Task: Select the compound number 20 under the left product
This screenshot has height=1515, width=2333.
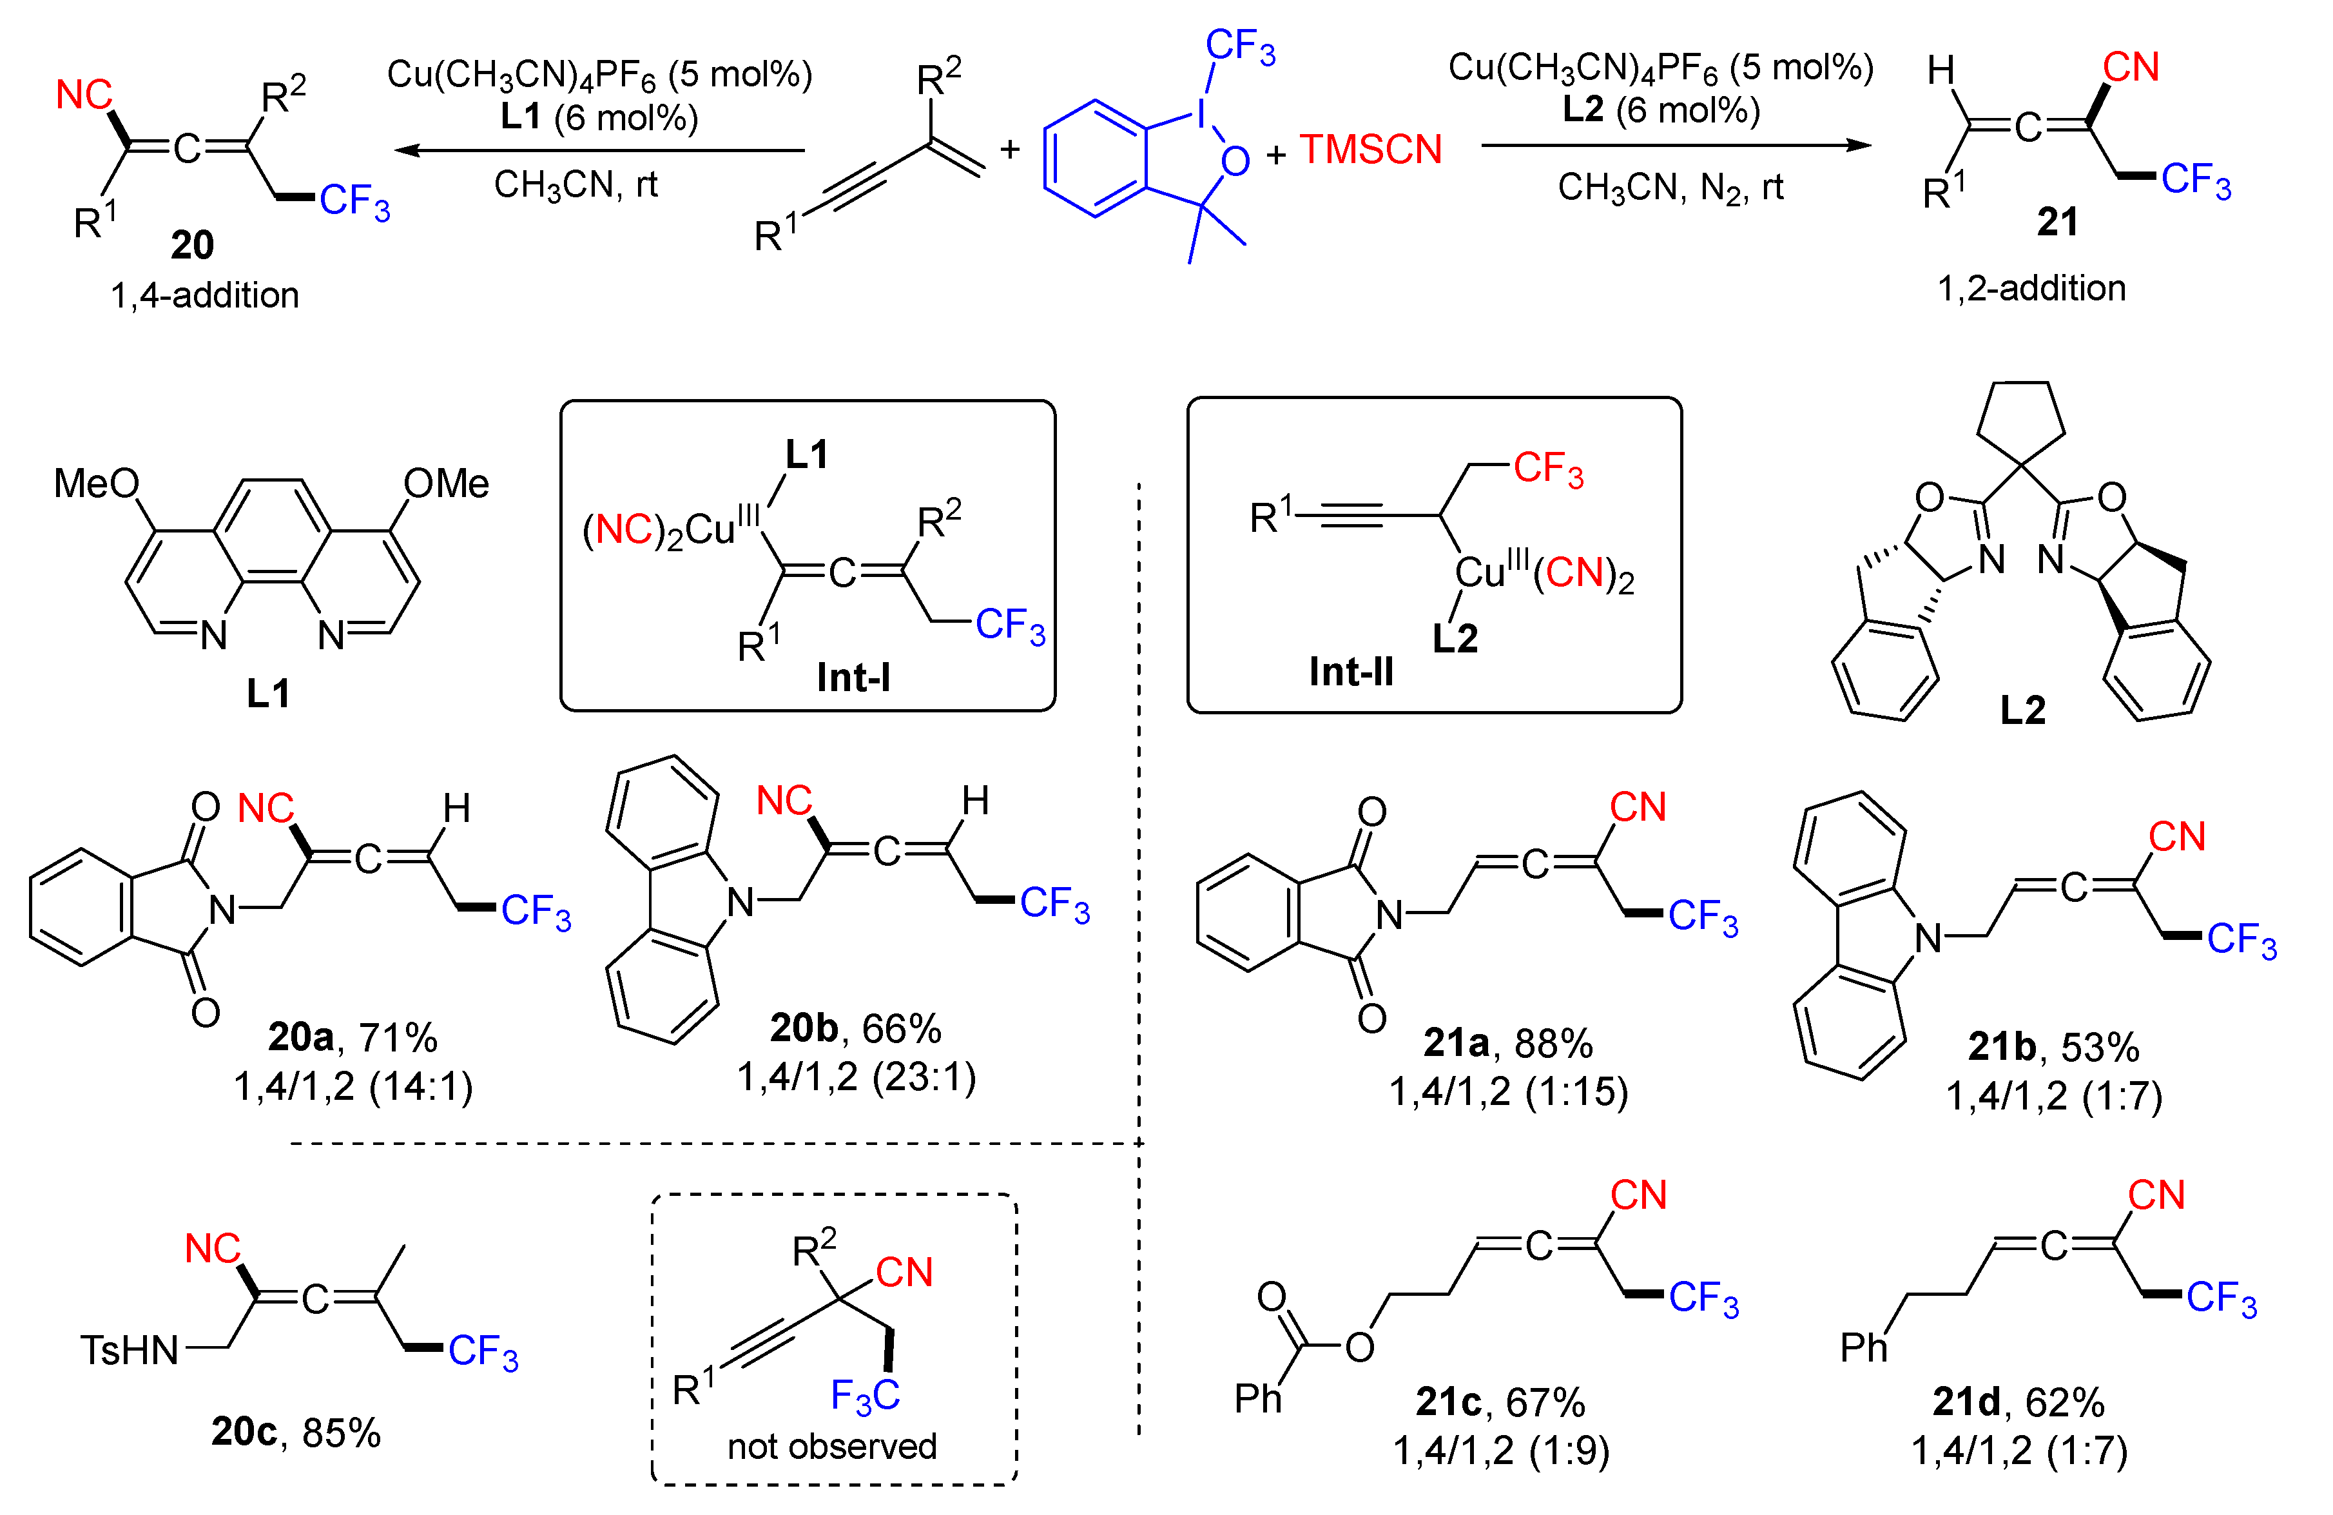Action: [191, 245]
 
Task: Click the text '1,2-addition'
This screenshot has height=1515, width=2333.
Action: [2031, 288]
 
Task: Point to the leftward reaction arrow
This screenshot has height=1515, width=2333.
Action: [598, 151]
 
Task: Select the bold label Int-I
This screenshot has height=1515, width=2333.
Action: [853, 678]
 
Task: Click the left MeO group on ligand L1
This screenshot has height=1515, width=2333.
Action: [96, 484]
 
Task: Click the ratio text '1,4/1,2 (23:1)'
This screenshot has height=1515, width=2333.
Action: [856, 1077]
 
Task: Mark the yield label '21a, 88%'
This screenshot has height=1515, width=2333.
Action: [1507, 1042]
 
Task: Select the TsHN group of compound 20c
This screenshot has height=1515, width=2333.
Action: [130, 1350]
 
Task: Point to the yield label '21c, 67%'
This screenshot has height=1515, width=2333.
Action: [1500, 1402]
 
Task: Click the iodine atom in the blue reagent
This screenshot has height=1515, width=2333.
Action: [1201, 115]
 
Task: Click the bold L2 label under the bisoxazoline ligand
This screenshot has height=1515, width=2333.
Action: [2022, 710]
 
